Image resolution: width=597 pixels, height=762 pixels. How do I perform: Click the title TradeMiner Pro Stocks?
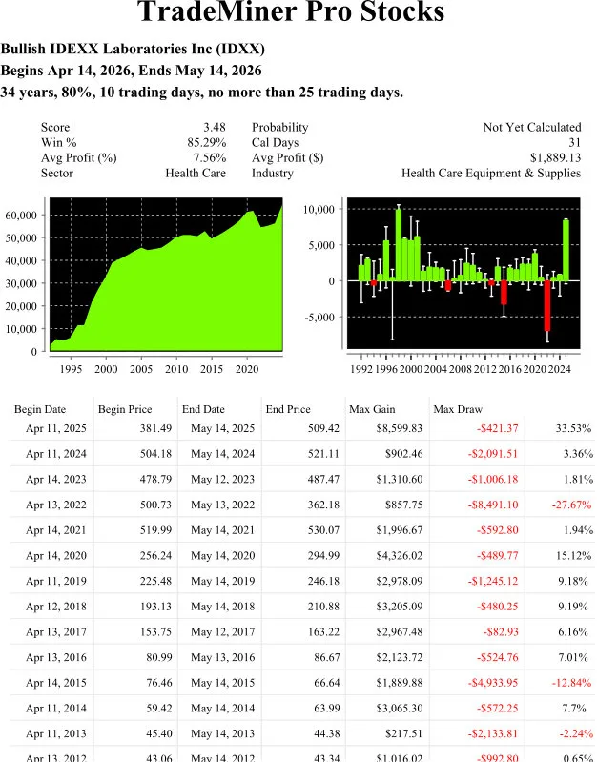pos(291,13)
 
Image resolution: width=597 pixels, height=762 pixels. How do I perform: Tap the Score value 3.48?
pos(214,127)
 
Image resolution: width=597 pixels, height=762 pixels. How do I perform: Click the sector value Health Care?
pos(196,173)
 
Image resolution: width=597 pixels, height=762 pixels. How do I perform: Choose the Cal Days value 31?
pos(573,142)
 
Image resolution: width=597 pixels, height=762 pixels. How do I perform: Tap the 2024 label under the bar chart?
pos(559,368)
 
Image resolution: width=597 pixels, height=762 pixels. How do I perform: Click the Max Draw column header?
pos(455,409)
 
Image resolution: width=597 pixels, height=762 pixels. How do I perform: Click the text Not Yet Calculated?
pos(531,127)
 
